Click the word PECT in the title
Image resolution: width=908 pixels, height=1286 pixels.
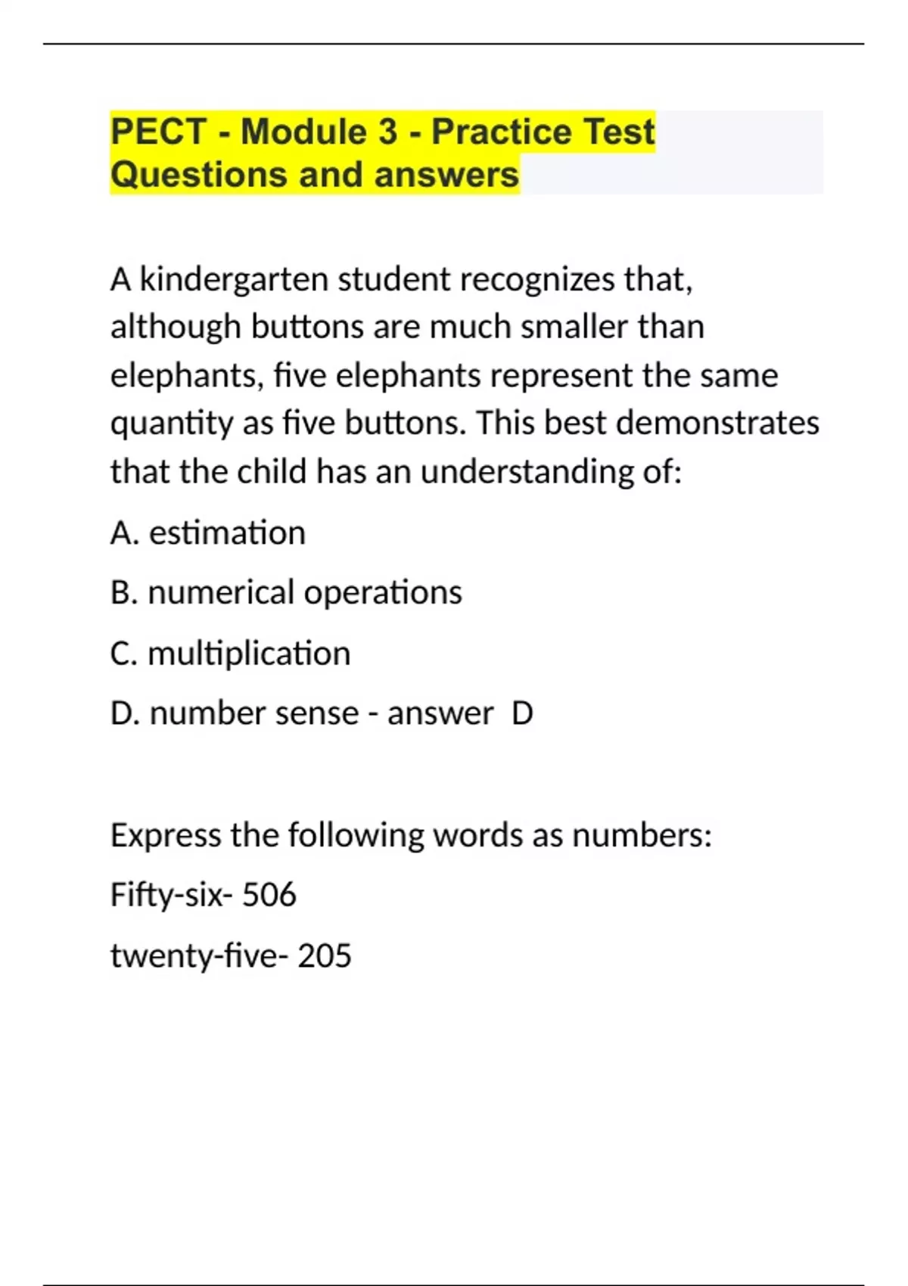click(x=158, y=132)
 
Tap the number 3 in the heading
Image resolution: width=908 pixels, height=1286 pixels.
click(x=387, y=132)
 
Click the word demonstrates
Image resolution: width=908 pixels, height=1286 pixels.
click(x=717, y=424)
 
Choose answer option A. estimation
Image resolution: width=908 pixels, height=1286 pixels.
click(x=208, y=533)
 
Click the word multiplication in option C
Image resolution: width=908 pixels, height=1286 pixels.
click(x=249, y=654)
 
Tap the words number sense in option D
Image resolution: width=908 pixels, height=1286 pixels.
click(x=254, y=713)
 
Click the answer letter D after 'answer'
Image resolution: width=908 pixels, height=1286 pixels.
click(x=522, y=713)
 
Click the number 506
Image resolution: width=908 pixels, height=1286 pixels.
click(x=269, y=896)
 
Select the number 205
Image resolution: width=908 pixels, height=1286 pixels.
click(x=325, y=956)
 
